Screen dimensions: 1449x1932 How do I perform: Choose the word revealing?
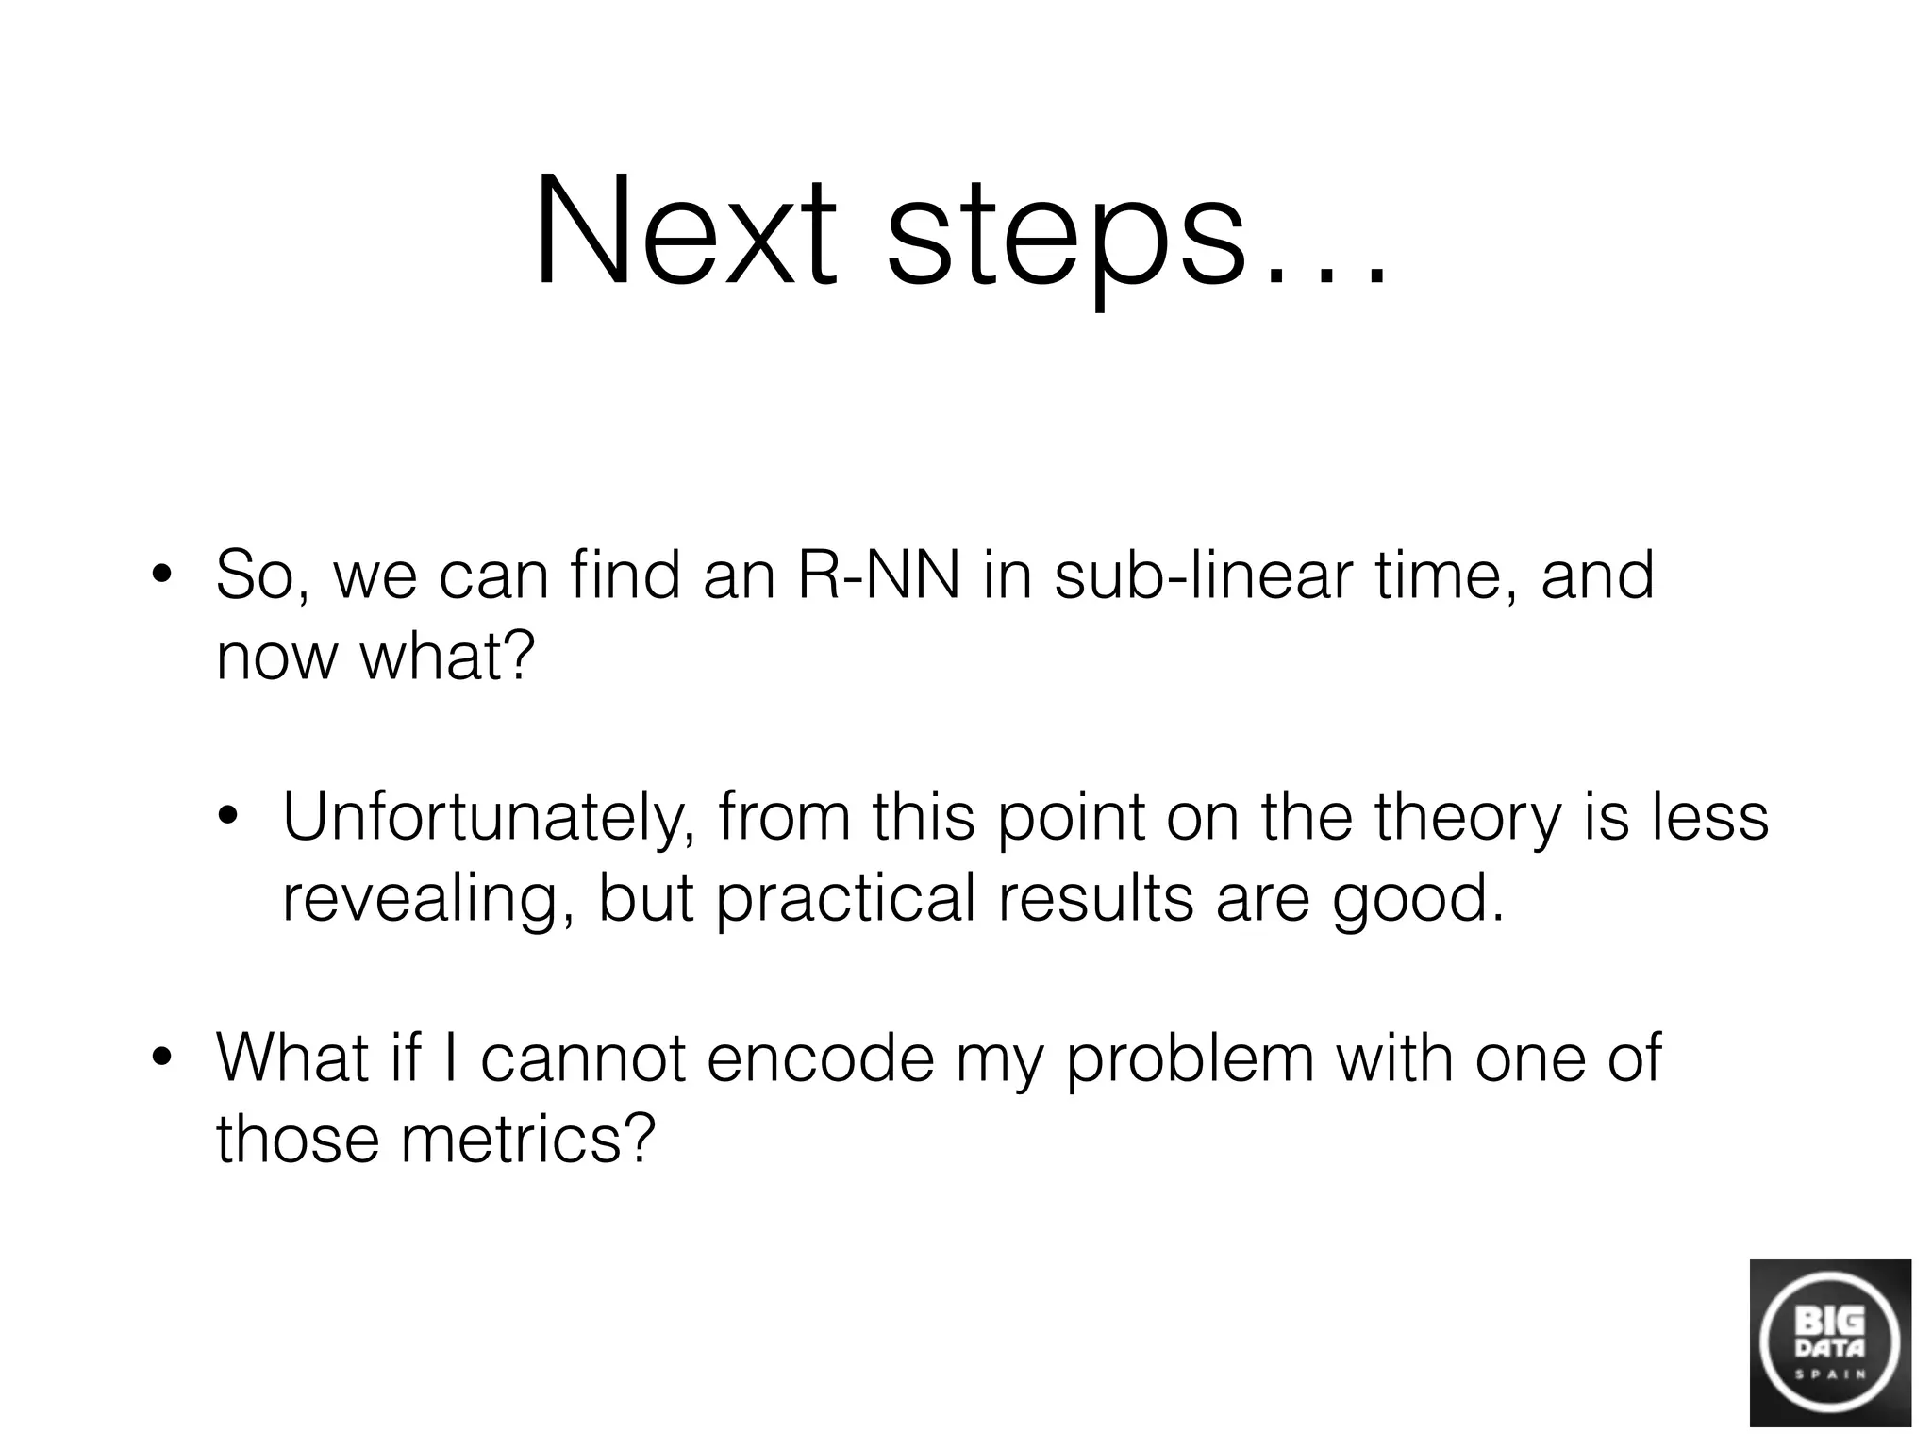click(428, 898)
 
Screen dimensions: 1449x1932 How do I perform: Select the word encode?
click(820, 1058)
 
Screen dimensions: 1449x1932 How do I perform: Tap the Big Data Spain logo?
click(1829, 1341)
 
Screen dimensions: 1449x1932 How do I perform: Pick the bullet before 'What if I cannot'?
click(162, 1058)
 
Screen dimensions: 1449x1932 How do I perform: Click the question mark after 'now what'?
click(518, 655)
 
